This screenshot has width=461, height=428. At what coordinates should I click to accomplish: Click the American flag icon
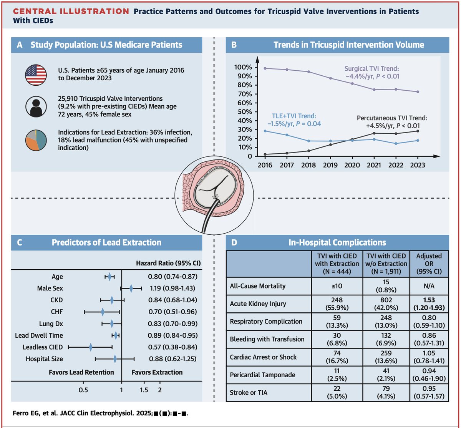pos(36,75)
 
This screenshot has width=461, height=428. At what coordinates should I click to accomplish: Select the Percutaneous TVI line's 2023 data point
pos(418,131)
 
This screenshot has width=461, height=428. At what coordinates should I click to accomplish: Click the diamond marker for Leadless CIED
pos(91,347)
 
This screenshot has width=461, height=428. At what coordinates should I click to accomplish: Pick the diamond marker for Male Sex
pos(131,288)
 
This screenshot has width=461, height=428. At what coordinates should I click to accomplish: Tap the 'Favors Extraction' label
pos(157,372)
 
